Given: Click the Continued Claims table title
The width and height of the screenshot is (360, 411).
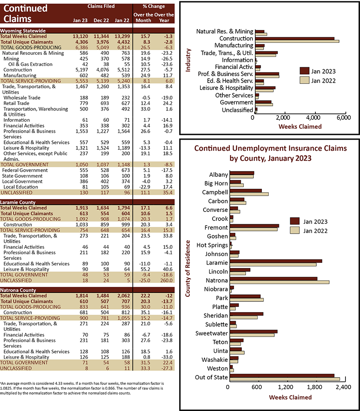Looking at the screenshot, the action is (x=25, y=14).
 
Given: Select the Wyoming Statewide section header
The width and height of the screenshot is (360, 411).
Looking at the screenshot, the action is (x=23, y=31).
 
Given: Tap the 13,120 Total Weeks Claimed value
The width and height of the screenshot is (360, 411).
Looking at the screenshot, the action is (x=80, y=36).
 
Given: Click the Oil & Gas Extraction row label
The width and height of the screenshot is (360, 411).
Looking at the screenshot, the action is (x=30, y=64).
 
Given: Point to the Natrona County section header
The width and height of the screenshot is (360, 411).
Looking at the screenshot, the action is (x=18, y=290).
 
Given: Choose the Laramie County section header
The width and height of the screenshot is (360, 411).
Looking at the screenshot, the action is (x=18, y=203).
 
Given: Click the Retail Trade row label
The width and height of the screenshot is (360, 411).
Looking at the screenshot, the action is (x=16, y=103).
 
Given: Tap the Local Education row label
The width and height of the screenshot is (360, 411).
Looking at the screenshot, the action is (x=21, y=187).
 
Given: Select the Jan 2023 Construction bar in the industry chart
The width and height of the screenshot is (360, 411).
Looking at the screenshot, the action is (x=294, y=38).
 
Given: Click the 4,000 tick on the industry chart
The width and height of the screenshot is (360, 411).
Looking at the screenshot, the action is (x=315, y=117).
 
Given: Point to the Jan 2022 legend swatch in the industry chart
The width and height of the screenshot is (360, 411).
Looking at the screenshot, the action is (x=304, y=80).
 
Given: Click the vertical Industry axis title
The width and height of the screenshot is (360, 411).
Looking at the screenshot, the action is (x=188, y=60).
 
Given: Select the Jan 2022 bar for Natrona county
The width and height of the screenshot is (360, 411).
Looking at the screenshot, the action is (x=279, y=282).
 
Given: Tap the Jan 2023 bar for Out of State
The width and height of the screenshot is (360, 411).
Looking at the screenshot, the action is (x=282, y=375).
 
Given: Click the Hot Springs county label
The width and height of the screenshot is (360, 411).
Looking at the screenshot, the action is (x=212, y=245).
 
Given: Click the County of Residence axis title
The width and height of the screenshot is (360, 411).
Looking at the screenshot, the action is (x=187, y=268).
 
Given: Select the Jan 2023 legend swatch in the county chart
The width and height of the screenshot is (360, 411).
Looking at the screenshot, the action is (x=295, y=221).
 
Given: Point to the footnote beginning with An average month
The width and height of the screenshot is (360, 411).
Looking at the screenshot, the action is (x=82, y=388).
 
